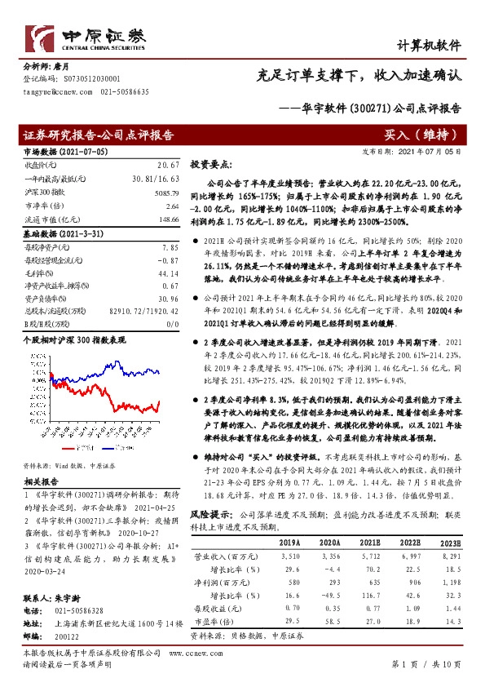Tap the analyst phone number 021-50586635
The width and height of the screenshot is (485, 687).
(x=125, y=93)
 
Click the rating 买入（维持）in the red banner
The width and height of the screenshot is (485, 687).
(x=424, y=134)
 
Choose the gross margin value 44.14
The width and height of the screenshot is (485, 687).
(x=167, y=273)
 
